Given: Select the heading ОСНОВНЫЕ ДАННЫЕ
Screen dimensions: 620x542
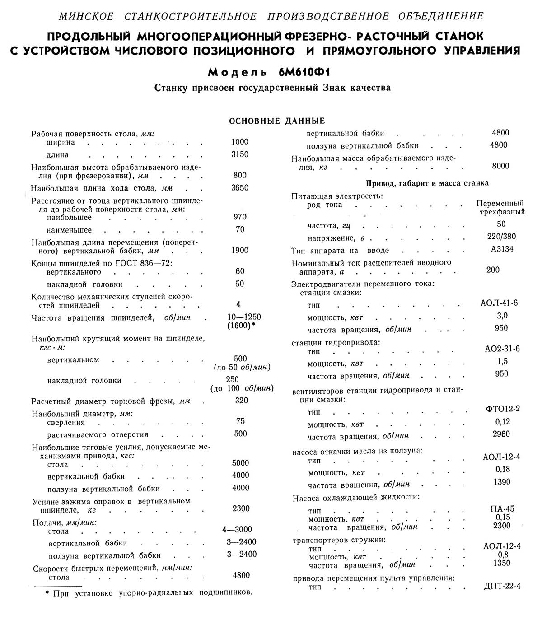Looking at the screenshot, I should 277,121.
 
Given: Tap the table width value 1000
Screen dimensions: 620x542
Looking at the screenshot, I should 240,142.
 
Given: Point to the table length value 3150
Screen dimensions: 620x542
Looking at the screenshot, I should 240,154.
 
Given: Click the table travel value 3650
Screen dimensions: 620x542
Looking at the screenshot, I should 240,187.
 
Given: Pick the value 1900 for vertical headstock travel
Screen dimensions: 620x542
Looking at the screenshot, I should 240,250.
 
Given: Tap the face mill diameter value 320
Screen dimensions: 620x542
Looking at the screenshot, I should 242,401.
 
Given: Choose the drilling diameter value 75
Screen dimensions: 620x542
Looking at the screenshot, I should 240,421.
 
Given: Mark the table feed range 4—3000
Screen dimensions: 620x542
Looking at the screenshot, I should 237,529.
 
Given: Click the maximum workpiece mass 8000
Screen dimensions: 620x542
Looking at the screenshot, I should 500,166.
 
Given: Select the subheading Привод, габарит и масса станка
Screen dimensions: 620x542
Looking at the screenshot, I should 427,183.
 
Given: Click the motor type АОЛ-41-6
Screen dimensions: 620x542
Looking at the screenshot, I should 500,303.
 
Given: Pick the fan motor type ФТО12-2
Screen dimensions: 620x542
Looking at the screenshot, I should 501,409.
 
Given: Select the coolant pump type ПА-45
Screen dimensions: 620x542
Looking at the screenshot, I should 502,508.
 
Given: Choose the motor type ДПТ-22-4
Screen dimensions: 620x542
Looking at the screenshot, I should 502,586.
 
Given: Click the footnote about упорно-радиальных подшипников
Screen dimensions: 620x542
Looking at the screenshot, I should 149,593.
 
